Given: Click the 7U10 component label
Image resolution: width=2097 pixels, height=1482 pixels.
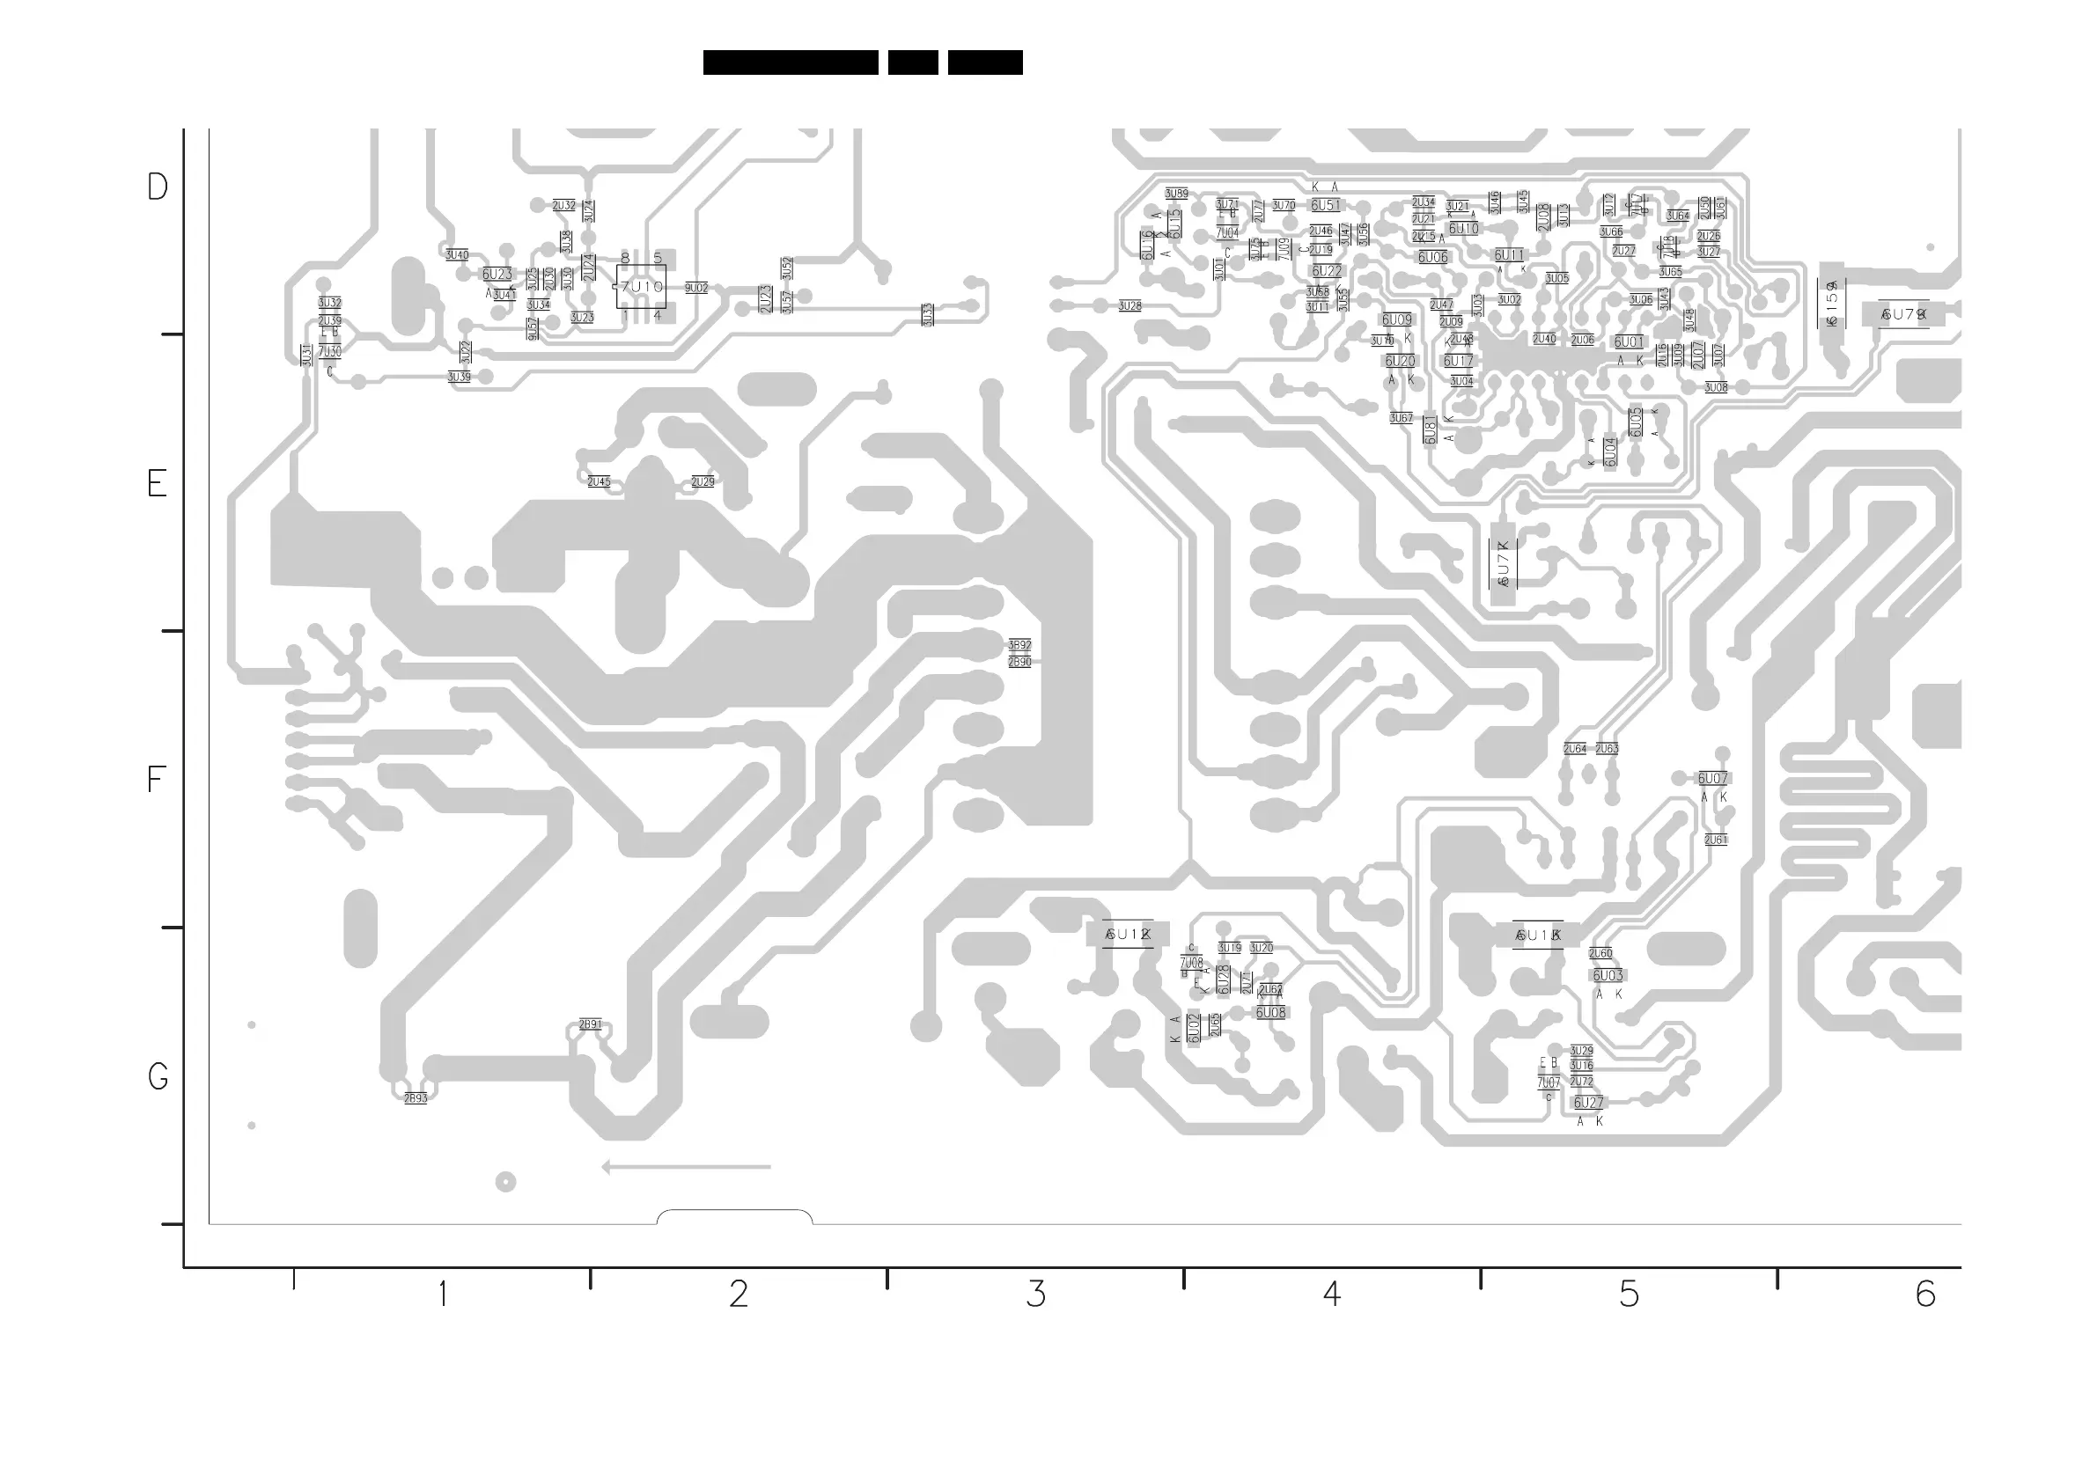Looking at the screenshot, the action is tap(641, 287).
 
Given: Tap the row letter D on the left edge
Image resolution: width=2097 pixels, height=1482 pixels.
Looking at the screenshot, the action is tap(157, 187).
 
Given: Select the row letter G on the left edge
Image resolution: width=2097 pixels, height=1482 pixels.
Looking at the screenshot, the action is tap(157, 1077).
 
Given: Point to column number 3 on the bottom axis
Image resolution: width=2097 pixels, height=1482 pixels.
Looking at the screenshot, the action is tap(1034, 1294).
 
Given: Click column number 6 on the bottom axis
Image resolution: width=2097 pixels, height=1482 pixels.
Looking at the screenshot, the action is tap(1924, 1294).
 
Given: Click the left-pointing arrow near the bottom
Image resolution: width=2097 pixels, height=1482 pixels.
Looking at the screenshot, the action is tap(685, 1167).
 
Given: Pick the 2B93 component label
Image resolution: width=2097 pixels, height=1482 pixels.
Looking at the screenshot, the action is tap(416, 1098).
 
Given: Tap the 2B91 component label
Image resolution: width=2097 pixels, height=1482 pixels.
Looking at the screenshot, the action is tap(590, 1024).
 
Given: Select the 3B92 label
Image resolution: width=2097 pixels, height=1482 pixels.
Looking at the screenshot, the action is tap(1019, 646).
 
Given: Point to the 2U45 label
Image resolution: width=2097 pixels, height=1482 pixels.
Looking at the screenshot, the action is tap(599, 482).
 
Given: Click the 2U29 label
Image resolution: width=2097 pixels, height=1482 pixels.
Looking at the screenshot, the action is tap(703, 482).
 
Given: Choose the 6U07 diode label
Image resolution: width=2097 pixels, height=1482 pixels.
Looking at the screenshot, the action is tap(1712, 779).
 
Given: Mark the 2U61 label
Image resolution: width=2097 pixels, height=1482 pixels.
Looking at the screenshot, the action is tap(1715, 840).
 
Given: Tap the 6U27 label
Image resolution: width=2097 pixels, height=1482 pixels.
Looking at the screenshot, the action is tap(1588, 1103).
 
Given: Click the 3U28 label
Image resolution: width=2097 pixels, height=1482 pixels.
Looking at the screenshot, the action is tap(1129, 306).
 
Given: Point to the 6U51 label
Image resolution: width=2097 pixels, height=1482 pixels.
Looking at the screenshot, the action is tap(1325, 206).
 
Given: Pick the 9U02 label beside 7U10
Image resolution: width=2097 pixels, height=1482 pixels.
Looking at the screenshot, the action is tap(696, 289).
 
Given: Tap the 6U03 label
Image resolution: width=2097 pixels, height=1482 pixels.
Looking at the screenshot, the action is tap(1608, 976).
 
